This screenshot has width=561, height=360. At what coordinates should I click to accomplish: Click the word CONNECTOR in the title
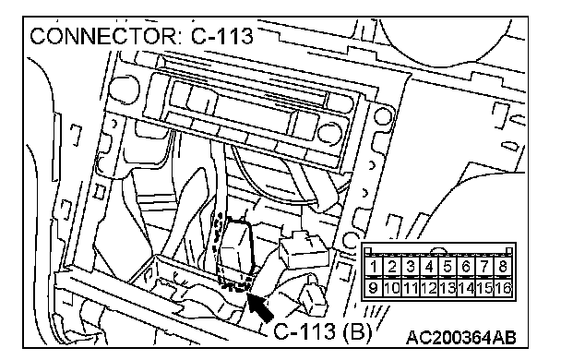coord(103,37)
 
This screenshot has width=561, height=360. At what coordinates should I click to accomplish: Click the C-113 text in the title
coord(221,36)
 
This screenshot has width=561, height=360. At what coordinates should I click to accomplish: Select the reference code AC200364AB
coord(461,337)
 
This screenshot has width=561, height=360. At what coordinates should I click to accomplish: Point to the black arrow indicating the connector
coord(260,307)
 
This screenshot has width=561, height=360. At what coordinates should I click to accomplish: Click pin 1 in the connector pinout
coord(374,266)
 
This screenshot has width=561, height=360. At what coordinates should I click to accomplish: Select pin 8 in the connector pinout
coord(503,266)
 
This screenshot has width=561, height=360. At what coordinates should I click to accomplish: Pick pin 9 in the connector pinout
coord(374,288)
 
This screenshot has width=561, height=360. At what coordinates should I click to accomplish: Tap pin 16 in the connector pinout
coord(504,288)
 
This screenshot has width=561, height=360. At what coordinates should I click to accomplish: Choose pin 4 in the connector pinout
coord(429,266)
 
